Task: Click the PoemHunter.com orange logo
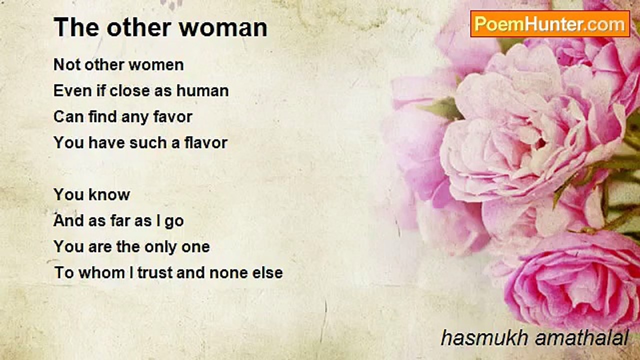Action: (x=550, y=24)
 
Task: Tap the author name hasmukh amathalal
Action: (x=535, y=338)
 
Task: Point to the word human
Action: (x=202, y=91)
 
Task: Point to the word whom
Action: (x=102, y=272)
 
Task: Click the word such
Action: (x=148, y=142)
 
